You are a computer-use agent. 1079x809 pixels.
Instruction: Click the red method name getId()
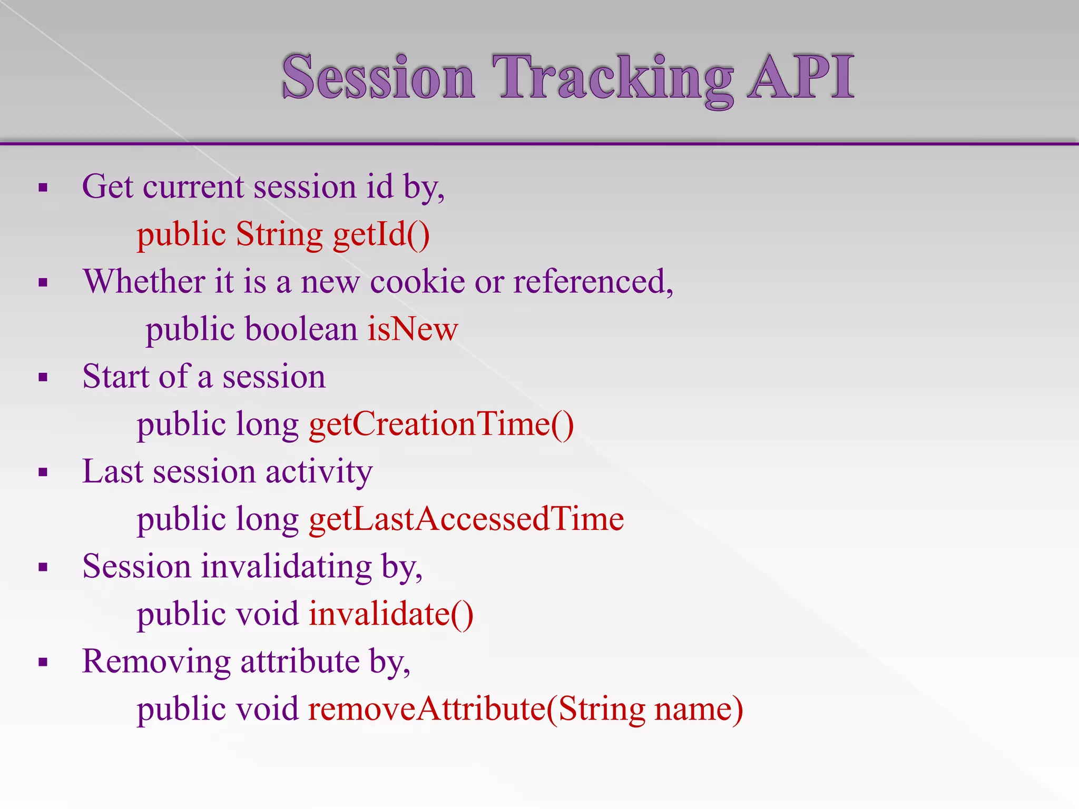click(381, 234)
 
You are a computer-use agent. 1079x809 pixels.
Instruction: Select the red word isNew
click(413, 329)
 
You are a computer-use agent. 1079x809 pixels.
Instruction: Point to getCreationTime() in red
click(441, 425)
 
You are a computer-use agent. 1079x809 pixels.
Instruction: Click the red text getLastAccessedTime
click(466, 519)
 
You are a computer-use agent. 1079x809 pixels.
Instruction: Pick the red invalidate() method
click(391, 614)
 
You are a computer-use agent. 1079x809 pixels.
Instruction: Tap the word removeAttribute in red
click(427, 709)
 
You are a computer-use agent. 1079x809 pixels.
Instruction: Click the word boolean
click(301, 329)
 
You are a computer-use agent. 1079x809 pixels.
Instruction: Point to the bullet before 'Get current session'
click(43, 188)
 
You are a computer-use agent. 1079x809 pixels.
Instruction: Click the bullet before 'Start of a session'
click(43, 377)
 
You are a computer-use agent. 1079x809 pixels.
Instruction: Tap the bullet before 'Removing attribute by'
click(43, 662)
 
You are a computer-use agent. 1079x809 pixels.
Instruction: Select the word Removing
click(156, 662)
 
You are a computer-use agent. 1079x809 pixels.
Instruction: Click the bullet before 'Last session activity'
click(43, 472)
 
